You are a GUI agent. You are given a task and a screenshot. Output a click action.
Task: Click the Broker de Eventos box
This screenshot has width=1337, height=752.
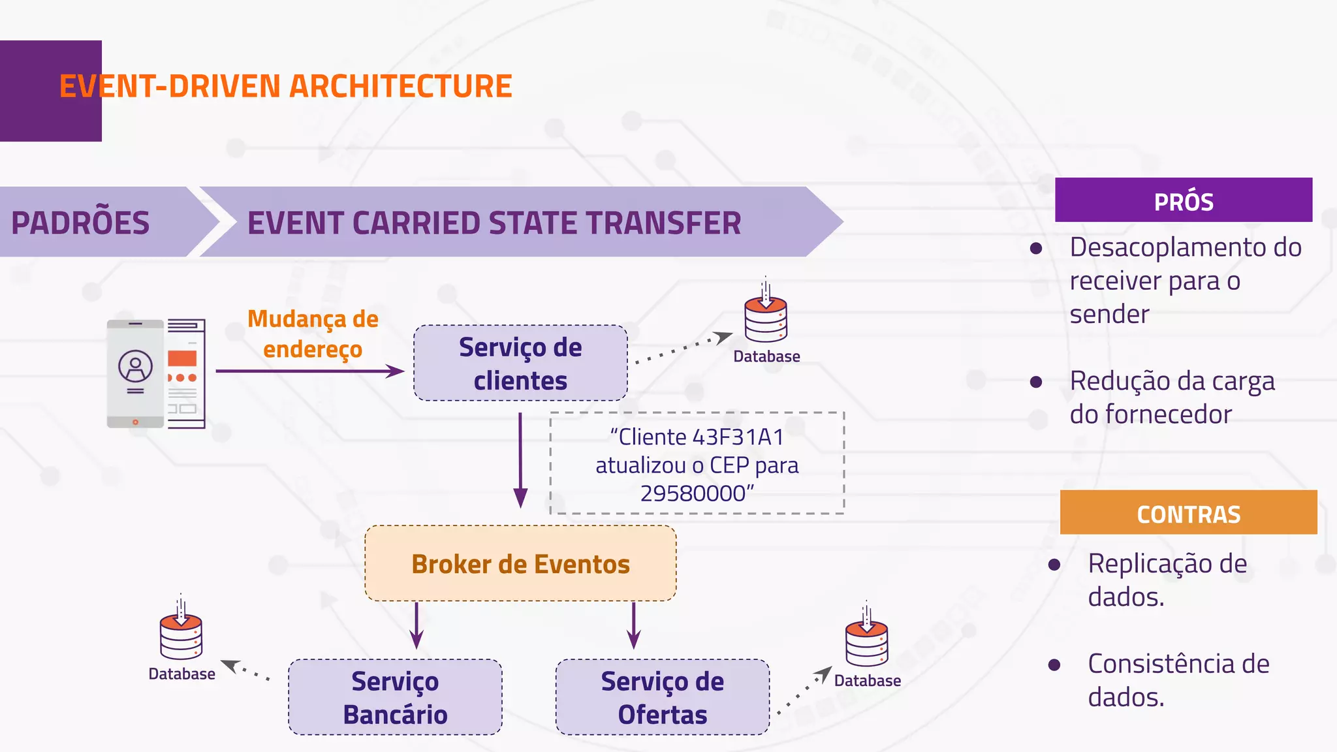pyautogui.click(x=520, y=563)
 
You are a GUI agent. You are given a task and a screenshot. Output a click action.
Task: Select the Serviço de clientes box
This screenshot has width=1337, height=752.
pyautogui.click(x=520, y=363)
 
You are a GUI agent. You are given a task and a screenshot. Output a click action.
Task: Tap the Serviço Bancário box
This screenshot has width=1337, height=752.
pyautogui.click(x=395, y=697)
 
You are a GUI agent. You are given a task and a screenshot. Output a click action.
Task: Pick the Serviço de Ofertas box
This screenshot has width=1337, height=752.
pyautogui.click(x=662, y=697)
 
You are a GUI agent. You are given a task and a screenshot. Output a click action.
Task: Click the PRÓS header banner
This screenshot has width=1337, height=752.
pyautogui.click(x=1183, y=200)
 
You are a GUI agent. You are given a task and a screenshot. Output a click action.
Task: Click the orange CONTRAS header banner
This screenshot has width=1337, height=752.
pyautogui.click(x=1188, y=513)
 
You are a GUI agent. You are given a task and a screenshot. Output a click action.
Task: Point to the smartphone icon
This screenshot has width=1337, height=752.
pyautogui.click(x=136, y=373)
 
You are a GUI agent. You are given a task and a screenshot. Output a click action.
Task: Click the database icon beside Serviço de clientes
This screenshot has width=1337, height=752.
pyautogui.click(x=766, y=319)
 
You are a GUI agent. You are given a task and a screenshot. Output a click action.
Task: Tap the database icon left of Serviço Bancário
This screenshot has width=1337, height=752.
pyautogui.click(x=181, y=636)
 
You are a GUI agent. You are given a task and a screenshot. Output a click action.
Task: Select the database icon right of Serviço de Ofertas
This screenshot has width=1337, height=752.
pyautogui.click(x=866, y=642)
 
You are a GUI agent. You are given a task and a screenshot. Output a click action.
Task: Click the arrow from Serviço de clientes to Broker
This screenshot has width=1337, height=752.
pyautogui.click(x=520, y=460)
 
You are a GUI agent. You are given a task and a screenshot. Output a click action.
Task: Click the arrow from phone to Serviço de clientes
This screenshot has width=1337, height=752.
pyautogui.click(x=309, y=371)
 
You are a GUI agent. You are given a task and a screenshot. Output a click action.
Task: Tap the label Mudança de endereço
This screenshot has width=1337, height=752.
pyautogui.click(x=313, y=334)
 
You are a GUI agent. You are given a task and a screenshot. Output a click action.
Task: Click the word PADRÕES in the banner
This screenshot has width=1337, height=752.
pyautogui.click(x=80, y=223)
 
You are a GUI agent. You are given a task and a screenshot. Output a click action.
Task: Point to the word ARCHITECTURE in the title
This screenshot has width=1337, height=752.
pyautogui.click(x=400, y=87)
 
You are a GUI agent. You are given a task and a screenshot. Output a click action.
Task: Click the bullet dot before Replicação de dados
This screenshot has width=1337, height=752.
pyautogui.click(x=1054, y=565)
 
